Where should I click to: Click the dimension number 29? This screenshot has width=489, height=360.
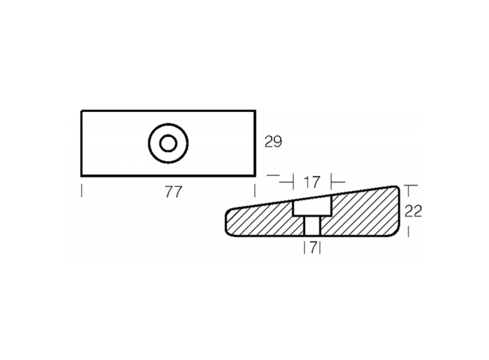273,142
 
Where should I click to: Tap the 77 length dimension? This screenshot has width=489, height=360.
173,192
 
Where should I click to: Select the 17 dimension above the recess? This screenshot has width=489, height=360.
312,183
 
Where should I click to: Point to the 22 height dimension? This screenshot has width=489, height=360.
413,211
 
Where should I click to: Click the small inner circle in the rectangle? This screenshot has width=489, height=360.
168,143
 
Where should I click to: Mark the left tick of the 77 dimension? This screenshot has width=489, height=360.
82,191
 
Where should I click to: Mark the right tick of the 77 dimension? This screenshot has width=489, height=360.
255,191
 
